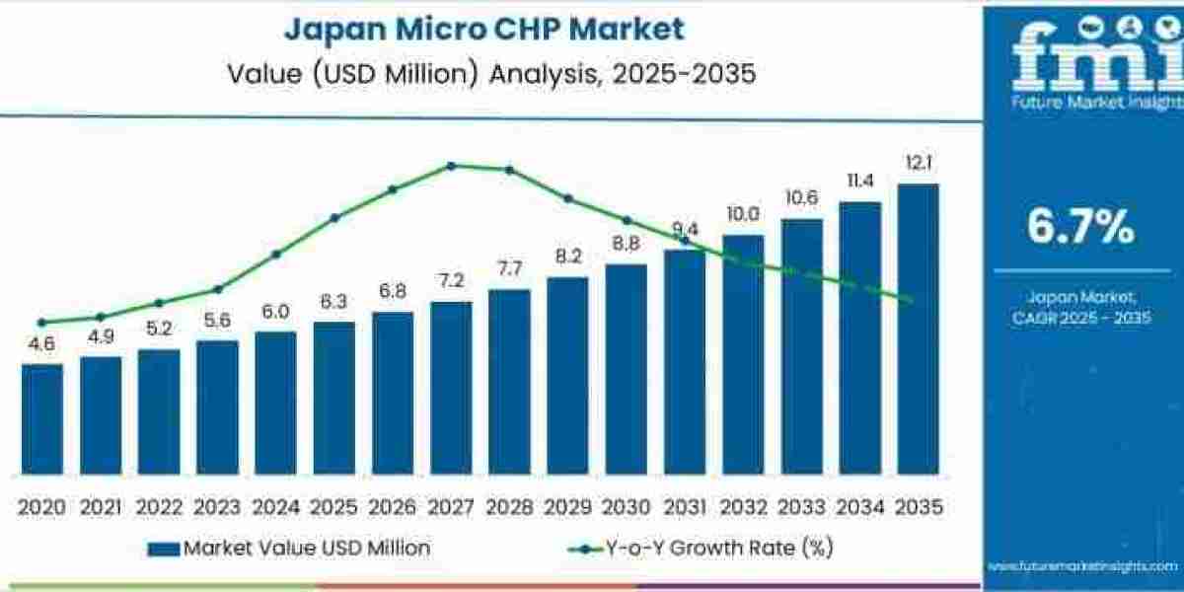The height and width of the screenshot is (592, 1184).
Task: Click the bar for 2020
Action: point(41,418)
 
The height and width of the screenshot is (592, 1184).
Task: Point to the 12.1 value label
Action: point(918,163)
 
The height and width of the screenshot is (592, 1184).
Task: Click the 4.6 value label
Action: point(41,344)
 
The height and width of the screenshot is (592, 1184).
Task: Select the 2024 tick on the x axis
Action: point(275,507)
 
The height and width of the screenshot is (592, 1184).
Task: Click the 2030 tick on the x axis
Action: point(626,507)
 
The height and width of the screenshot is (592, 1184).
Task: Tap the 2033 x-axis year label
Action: point(801,507)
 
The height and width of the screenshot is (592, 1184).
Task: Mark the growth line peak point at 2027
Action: point(451,166)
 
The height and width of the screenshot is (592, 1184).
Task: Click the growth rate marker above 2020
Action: point(41,322)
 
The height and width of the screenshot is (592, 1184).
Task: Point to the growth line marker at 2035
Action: point(909,300)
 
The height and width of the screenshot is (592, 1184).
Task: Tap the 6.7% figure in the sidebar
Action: point(1080,228)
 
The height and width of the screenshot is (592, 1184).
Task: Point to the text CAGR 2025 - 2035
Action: point(1081,317)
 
